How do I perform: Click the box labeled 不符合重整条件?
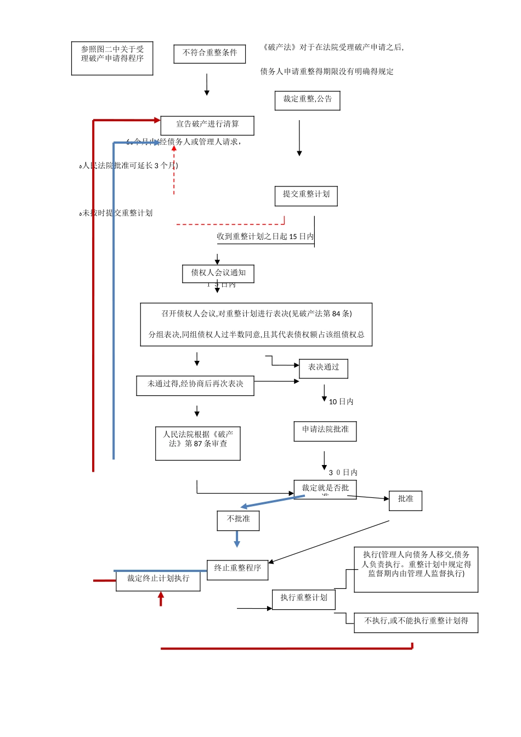pos(209,54)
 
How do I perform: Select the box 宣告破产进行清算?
pos(207,126)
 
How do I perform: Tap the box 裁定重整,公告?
pos(307,100)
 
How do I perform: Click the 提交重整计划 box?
pos(306,196)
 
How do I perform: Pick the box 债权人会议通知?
pos(218,274)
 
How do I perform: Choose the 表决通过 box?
pos(324,368)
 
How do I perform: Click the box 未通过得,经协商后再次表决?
pos(195,385)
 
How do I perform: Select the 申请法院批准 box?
pos(325,431)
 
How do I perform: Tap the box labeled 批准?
pos(405,500)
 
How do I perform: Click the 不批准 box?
pos(238,520)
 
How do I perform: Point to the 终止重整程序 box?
pos(237,570)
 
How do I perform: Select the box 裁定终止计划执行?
pos(158,580)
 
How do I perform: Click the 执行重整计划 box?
pos(304,599)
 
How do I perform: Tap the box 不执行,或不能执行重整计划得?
pos(416,622)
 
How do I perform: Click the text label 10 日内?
pos(341,402)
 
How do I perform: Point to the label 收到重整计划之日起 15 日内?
pos(265,236)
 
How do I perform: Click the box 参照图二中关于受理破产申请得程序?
pos(112,58)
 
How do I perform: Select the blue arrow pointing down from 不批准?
pos(237,540)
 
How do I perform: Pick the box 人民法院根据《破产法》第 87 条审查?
pos(198,443)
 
